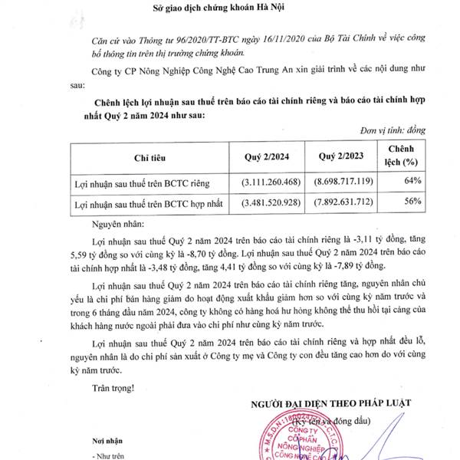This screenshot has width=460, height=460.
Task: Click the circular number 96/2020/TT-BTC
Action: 189,38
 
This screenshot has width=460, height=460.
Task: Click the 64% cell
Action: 412,180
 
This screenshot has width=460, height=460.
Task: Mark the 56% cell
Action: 412,202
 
